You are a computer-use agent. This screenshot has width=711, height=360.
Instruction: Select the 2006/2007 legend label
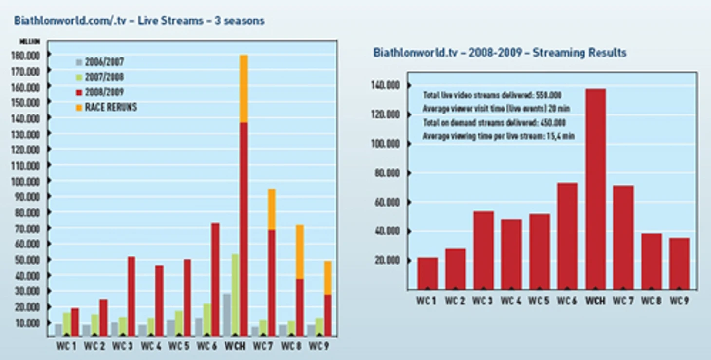(x=104, y=62)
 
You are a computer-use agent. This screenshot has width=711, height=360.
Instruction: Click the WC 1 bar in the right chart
(x=427, y=273)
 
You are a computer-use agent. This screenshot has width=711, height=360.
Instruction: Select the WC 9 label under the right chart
(x=679, y=301)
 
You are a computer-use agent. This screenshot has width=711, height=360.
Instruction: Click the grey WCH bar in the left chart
(x=227, y=315)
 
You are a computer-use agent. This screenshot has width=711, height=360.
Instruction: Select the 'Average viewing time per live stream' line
(x=499, y=136)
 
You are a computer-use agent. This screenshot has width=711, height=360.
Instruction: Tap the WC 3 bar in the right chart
(x=484, y=250)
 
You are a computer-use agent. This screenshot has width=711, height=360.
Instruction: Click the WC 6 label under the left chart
(x=206, y=346)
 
